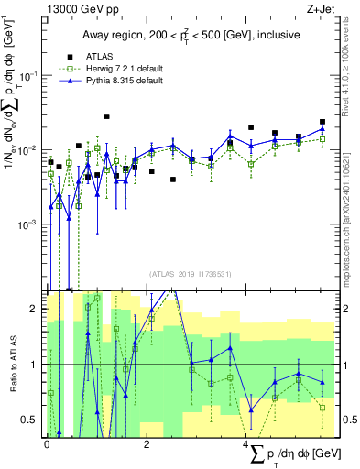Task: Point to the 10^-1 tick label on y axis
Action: [27, 75]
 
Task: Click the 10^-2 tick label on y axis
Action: [27, 149]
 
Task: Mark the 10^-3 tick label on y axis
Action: [27, 224]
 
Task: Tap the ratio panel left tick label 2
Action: [35, 310]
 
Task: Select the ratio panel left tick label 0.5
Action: [31, 420]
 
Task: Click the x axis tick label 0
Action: [47, 443]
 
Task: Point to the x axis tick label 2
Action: [147, 443]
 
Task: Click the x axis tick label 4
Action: [246, 443]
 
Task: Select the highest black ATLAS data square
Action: [107, 116]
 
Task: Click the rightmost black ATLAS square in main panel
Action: [322, 122]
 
